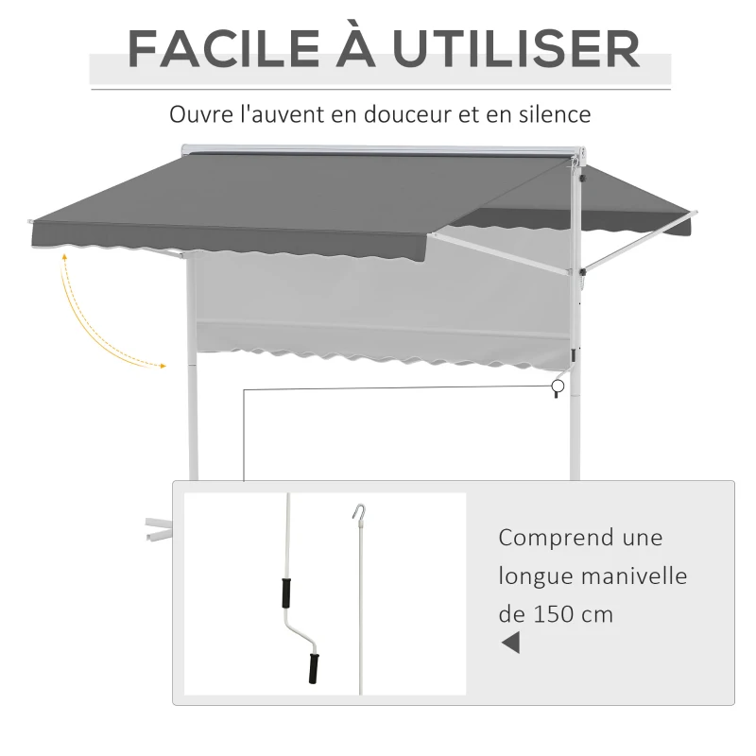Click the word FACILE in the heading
(223, 49)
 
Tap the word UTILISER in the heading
(516, 49)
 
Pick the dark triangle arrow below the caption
(510, 644)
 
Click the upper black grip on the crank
(286, 593)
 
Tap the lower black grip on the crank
(314, 668)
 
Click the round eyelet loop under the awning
(558, 387)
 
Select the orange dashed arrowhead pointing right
(163, 367)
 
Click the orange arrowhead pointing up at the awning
(64, 257)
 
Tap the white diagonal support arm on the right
(641, 241)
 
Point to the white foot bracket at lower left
(158, 529)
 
